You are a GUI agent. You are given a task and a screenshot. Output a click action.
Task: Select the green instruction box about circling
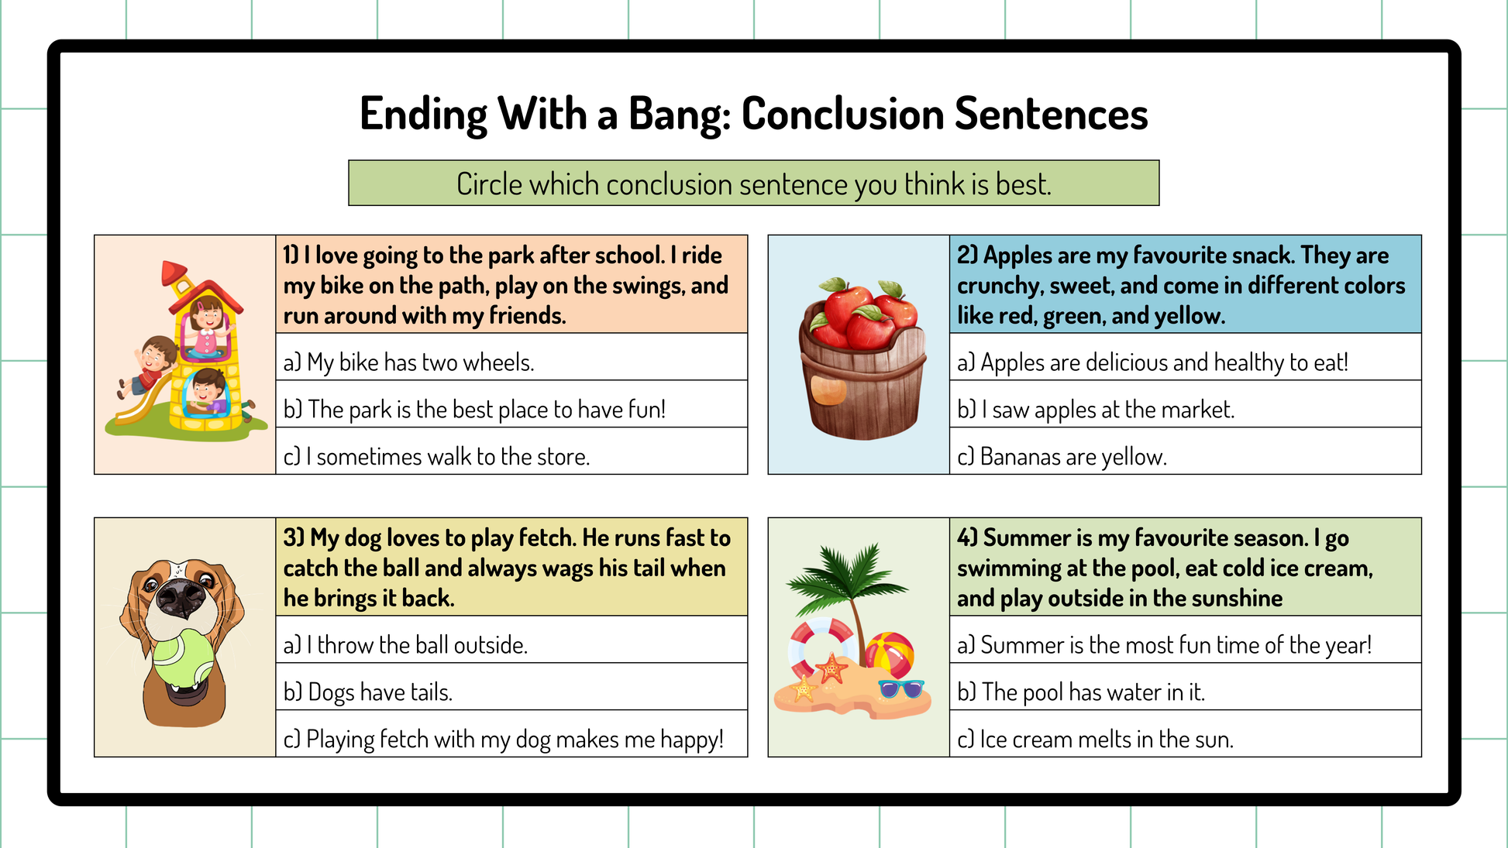click(x=753, y=183)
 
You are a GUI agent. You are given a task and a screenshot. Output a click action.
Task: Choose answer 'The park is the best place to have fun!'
click(x=474, y=409)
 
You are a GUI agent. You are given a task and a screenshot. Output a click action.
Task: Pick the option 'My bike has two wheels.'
click(x=408, y=362)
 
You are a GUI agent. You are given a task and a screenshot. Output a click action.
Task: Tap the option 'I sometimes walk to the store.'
click(x=436, y=456)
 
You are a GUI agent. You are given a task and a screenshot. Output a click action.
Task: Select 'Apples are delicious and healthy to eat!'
click(x=1152, y=362)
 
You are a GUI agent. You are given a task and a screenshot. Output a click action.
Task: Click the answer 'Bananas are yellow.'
click(x=1062, y=456)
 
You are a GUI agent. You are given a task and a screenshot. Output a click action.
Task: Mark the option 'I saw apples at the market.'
click(x=1095, y=409)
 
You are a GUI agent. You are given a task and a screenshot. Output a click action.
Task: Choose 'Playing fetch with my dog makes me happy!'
click(x=503, y=739)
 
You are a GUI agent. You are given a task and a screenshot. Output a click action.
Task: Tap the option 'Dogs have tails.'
click(x=367, y=692)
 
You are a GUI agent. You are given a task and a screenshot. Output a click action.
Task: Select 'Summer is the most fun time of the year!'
click(x=1164, y=644)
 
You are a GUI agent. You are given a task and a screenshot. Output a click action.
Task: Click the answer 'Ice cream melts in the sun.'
click(x=1095, y=739)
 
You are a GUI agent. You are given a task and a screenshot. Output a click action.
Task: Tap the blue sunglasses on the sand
click(x=900, y=688)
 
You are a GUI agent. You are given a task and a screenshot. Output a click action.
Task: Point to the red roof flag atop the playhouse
click(x=172, y=273)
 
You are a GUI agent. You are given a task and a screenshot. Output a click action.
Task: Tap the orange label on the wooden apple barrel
click(x=828, y=389)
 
